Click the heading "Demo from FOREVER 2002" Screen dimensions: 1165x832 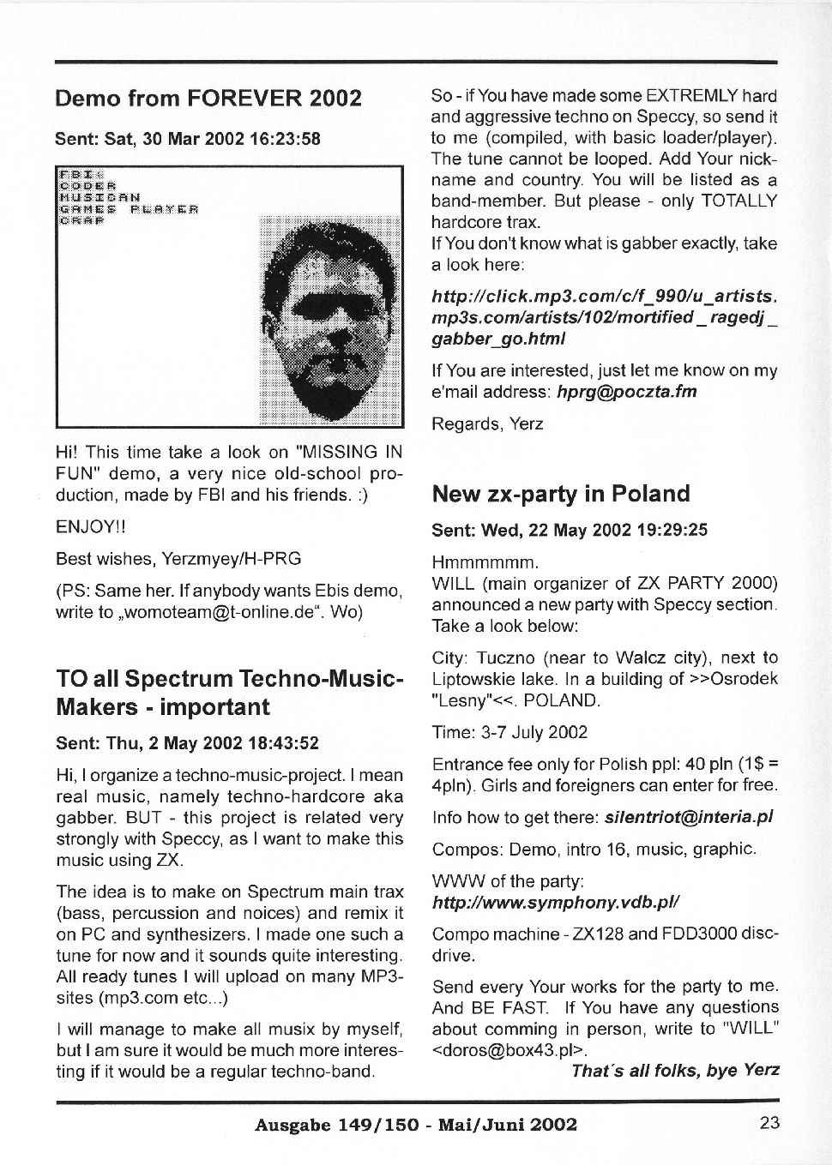208,98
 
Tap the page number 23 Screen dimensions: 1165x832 769,1123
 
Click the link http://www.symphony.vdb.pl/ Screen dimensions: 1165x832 556,902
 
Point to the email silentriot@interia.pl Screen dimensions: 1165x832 689,817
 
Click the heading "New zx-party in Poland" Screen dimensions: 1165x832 561,494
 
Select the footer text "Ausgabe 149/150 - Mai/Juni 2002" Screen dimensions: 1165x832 416,1125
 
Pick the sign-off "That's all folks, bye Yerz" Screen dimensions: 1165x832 675,1070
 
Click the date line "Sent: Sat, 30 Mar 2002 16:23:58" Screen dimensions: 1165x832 188,138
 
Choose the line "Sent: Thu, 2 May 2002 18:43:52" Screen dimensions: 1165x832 187,742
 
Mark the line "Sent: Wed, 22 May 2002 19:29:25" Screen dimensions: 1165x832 570,530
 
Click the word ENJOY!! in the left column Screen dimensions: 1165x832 85,526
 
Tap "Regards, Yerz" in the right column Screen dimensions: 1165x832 487,423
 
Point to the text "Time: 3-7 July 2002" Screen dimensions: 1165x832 509,732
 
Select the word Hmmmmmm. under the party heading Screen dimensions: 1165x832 485,562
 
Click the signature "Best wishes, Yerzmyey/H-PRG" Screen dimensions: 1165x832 178,559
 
